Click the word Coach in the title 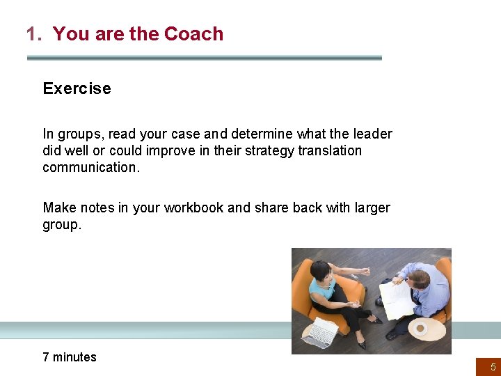pos(193,33)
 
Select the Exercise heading pos(77,88)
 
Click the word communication pos(90,167)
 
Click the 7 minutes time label pos(70,357)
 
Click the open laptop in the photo pos(321,331)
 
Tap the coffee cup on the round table pos(420,327)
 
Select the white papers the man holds pos(397,298)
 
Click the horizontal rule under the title pos(204,58)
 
